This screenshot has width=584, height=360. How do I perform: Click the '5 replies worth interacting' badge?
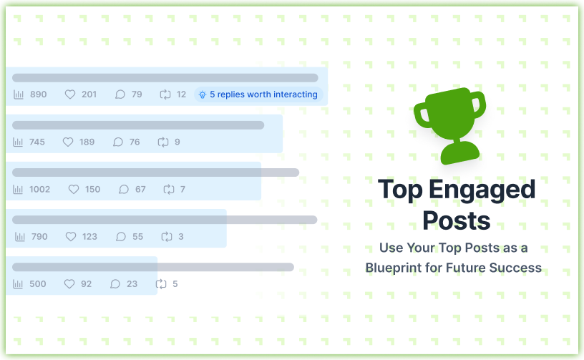(x=258, y=94)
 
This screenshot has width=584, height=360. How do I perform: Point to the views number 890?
(x=38, y=94)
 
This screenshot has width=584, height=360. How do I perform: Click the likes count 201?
(x=89, y=94)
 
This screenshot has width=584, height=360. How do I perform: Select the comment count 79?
(x=137, y=94)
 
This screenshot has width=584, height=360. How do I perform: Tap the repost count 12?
(x=181, y=94)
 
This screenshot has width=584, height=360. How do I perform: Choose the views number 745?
(x=36, y=142)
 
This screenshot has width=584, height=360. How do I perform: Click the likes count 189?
(x=87, y=142)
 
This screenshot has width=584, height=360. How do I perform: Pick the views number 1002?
(x=39, y=190)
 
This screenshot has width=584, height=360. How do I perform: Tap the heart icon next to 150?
(x=73, y=190)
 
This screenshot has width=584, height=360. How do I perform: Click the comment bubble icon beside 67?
(x=124, y=190)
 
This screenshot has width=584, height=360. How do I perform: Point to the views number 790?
(x=39, y=237)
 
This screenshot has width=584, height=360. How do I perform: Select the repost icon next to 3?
(x=167, y=237)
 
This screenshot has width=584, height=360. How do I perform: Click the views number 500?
(x=37, y=284)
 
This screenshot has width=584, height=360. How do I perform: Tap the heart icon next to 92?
(x=69, y=284)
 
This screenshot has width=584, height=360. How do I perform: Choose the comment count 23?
(x=132, y=284)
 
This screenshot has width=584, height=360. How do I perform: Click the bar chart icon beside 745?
(x=19, y=142)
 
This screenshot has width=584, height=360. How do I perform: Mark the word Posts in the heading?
(x=456, y=219)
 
